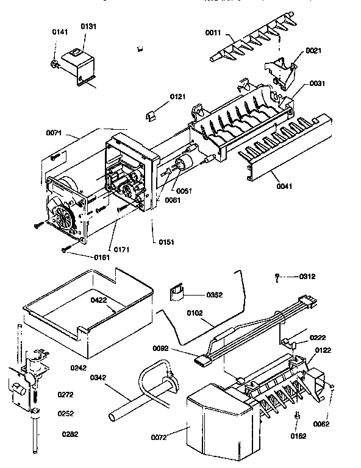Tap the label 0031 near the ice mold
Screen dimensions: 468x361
point(317,83)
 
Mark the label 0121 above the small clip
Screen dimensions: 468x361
point(177,97)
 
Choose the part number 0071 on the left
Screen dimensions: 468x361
point(55,131)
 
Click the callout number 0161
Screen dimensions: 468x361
point(102,257)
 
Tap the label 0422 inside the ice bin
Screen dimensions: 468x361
point(99,300)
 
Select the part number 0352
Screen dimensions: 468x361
point(214,294)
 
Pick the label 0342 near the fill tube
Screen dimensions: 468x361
point(99,378)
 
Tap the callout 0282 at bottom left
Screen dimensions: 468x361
point(70,434)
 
